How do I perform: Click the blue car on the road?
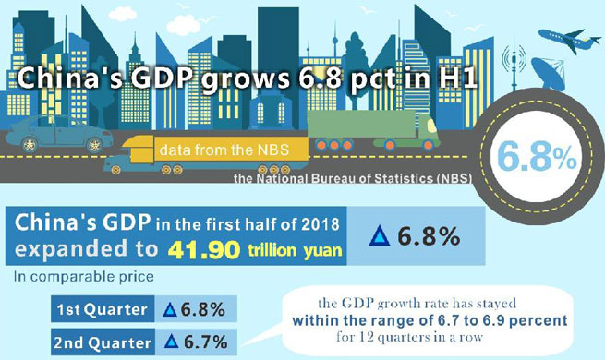pyautogui.click(x=58, y=135)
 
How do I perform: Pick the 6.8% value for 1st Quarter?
pyautogui.click(x=200, y=307)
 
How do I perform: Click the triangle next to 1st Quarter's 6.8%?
pyautogui.click(x=169, y=308)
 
